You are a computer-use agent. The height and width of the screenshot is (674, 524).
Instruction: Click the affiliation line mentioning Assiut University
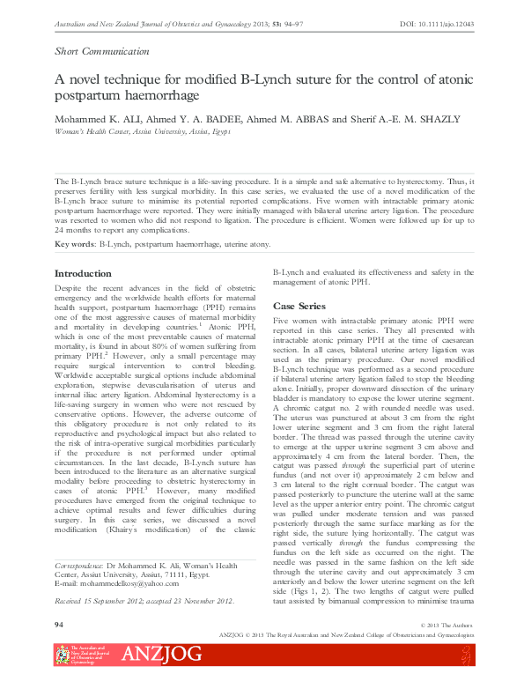[142, 130]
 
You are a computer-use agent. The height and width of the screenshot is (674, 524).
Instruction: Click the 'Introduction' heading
[84, 274]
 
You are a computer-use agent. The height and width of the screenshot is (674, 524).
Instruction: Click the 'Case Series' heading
[299, 306]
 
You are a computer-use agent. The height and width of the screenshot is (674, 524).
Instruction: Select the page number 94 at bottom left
[60, 624]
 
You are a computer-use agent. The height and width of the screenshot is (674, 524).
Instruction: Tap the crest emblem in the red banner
[62, 655]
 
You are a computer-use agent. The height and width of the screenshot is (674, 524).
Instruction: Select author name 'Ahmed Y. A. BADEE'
[190, 119]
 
